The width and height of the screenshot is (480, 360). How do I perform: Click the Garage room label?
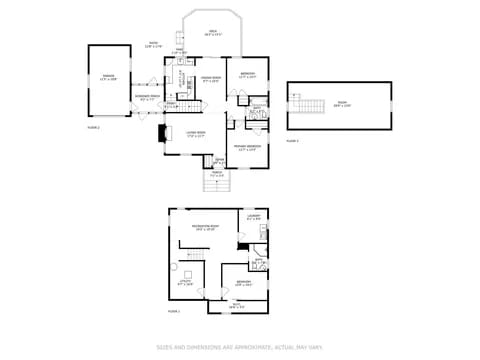point(107,78)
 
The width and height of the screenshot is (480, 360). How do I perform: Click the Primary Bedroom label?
point(247,148)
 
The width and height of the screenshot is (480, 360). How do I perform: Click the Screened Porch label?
point(147,98)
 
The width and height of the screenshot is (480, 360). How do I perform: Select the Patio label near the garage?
point(153,44)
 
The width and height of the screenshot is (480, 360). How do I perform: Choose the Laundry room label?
point(253,217)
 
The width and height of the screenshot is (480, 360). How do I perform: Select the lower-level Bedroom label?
point(243,283)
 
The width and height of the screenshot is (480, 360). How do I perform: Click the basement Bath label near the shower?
point(258,261)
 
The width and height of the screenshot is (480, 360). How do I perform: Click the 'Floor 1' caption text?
point(173,312)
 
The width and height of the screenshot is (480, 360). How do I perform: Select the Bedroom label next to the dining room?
point(247,74)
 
